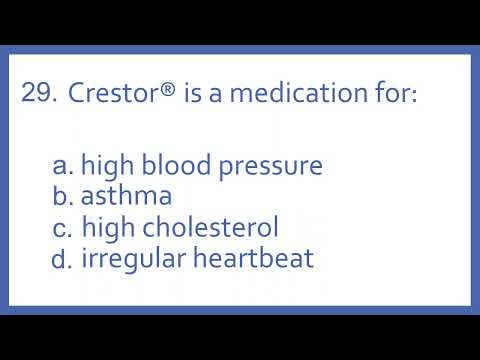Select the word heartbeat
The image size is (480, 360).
click(252, 259)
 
